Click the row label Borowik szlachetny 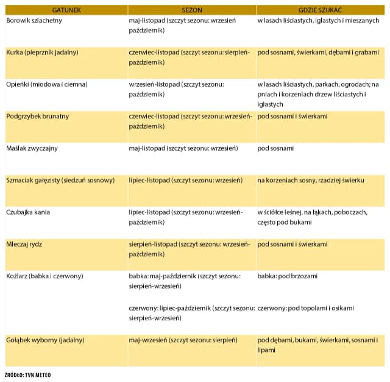coord(34,21)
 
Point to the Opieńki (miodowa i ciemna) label coord(46,84)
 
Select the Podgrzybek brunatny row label coord(37,116)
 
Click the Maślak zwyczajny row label coord(32,148)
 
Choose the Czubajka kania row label coord(28,212)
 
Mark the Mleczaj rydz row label coord(24,244)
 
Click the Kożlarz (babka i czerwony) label coord(44,276)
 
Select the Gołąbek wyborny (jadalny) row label coord(45,339)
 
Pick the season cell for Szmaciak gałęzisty coord(186,180)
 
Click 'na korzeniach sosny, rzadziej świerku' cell coord(311,180)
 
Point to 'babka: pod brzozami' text coord(288,276)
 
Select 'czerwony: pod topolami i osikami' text coord(305,308)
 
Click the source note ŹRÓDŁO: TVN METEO coord(27,375)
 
